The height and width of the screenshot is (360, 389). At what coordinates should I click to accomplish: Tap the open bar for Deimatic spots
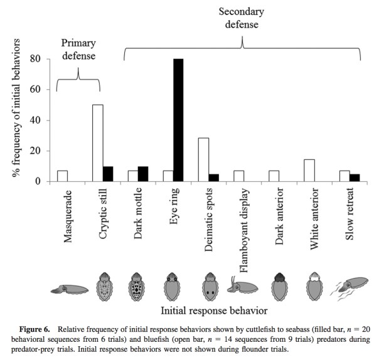(203, 160)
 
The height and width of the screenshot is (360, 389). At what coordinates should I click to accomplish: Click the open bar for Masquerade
(62, 176)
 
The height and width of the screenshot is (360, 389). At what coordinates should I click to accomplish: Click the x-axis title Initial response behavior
(213, 310)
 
